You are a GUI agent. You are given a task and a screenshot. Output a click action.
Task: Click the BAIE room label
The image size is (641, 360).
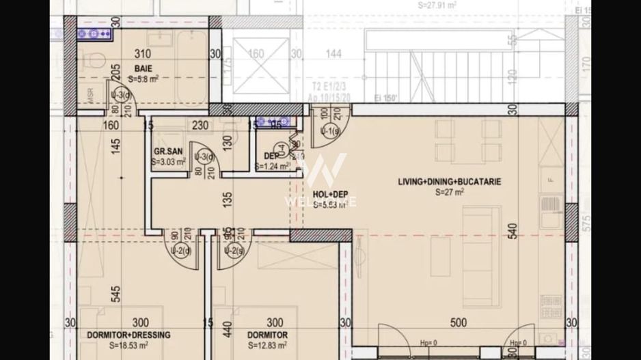tap(143, 68)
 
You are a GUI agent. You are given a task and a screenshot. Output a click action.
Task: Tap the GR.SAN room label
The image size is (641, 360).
tap(166, 152)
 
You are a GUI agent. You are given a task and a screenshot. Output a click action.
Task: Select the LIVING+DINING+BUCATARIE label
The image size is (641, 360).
tap(450, 182)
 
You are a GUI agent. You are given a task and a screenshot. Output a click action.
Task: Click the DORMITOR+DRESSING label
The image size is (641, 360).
tap(128, 335)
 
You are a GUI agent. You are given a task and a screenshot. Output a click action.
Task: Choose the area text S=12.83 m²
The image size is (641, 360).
tap(268, 346)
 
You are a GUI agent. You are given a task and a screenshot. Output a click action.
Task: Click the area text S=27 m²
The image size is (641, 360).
tap(450, 193)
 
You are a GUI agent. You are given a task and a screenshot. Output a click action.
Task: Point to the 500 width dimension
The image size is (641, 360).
tap(459, 323)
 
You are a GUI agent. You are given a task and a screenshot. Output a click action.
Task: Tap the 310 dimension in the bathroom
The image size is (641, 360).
tap(143, 53)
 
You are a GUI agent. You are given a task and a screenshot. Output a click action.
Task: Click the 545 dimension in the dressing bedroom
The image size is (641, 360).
tap(115, 294)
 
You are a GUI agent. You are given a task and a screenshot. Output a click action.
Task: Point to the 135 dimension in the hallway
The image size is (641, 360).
tap(228, 199)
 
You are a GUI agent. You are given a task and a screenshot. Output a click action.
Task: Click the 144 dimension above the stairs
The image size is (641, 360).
tap(333, 53)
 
